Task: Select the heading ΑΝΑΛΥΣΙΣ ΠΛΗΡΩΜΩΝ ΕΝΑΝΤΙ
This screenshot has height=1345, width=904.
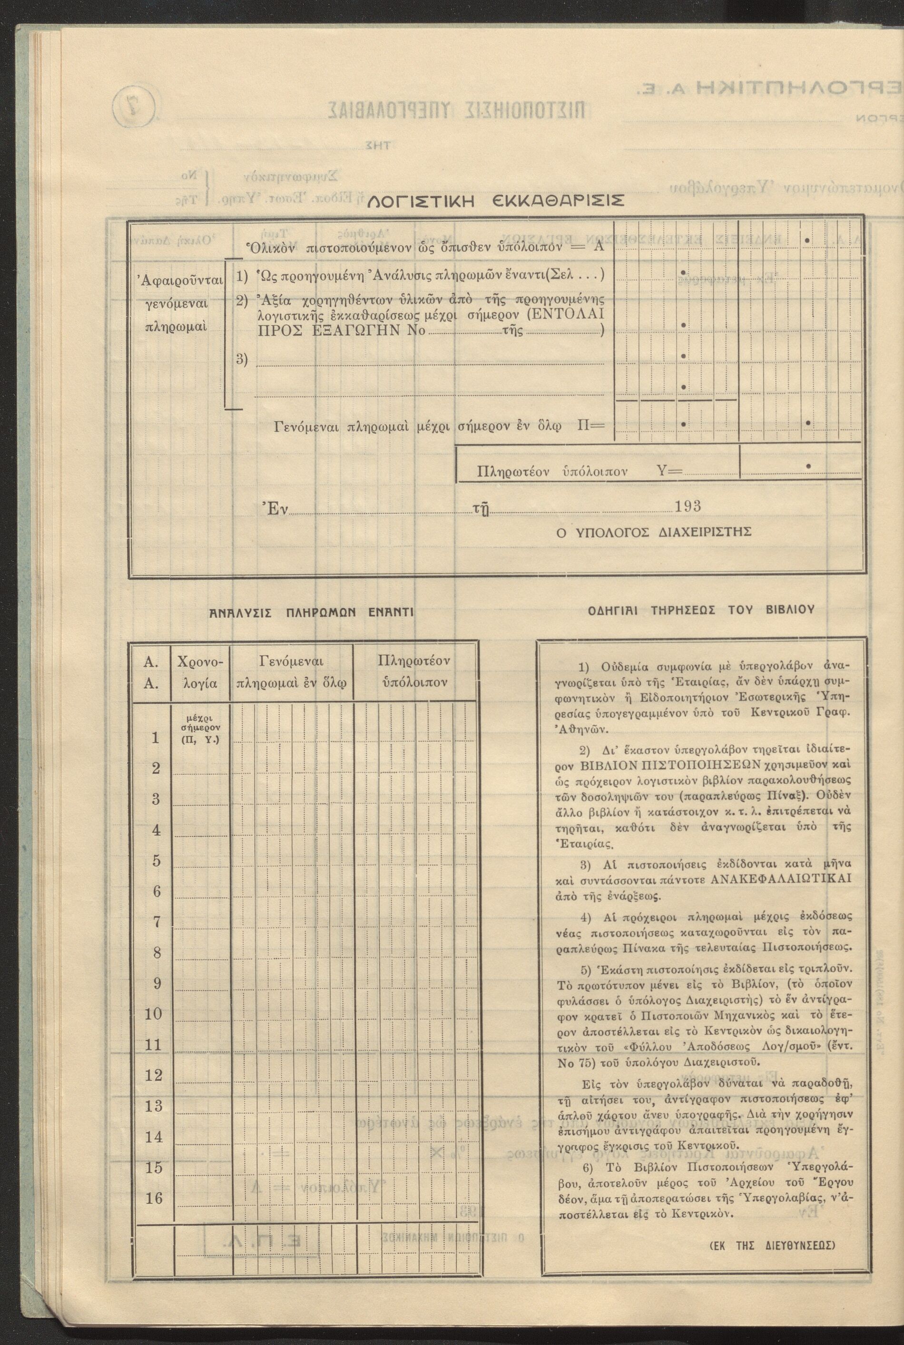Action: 311,612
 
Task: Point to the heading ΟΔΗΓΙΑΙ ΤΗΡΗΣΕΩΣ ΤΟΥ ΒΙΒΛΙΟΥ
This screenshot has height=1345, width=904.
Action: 701,610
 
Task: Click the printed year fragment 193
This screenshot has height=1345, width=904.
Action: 688,506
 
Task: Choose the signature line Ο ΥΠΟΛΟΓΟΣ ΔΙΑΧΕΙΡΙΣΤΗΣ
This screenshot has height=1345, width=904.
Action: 653,532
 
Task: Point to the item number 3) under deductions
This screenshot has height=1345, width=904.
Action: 242,360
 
